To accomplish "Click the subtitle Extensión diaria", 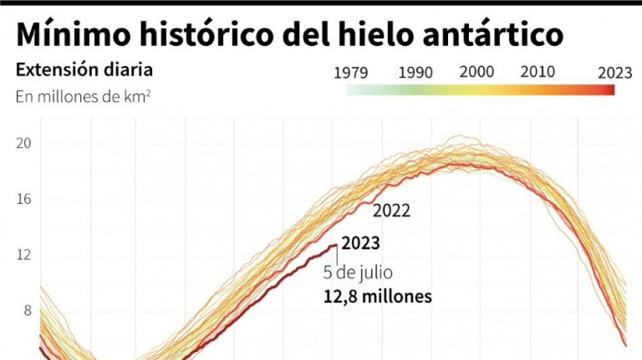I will (x=84, y=70).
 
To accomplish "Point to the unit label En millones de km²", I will (x=82, y=97).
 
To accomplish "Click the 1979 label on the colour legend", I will (x=351, y=73).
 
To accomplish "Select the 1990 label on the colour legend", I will (x=416, y=73).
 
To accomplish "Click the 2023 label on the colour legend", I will (x=615, y=73).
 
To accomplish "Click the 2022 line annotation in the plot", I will (x=391, y=211).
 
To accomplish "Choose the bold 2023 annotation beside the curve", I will (x=361, y=243).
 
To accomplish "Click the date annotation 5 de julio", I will (x=358, y=274).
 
